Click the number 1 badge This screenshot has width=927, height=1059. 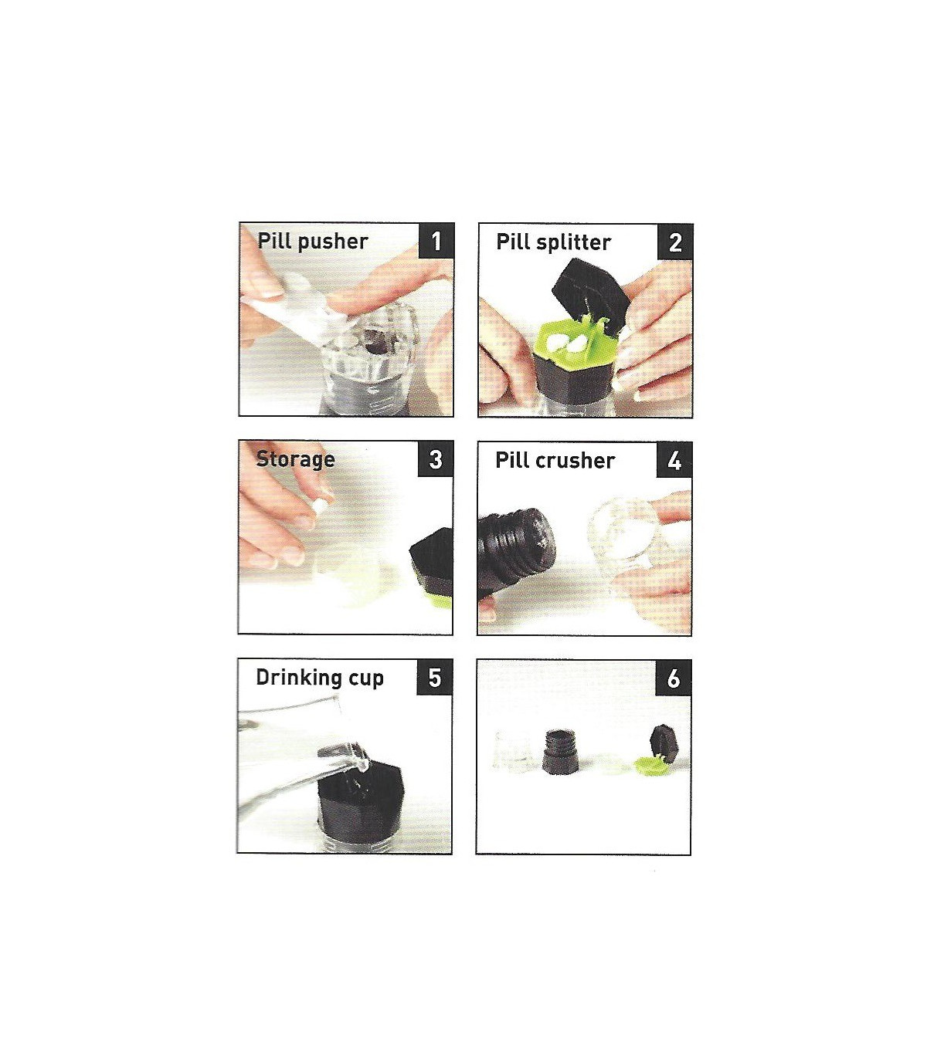tap(436, 241)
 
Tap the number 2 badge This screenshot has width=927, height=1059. tap(675, 242)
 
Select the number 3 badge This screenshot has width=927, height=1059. tap(436, 459)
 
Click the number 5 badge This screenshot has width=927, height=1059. tap(434, 677)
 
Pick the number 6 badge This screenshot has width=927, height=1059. tap(674, 678)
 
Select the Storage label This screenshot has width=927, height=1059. tap(296, 459)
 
